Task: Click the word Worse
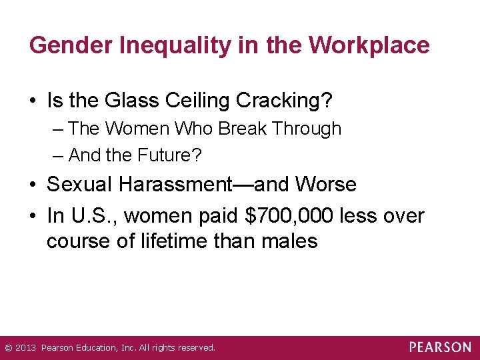327,184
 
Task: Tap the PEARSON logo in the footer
440,347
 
